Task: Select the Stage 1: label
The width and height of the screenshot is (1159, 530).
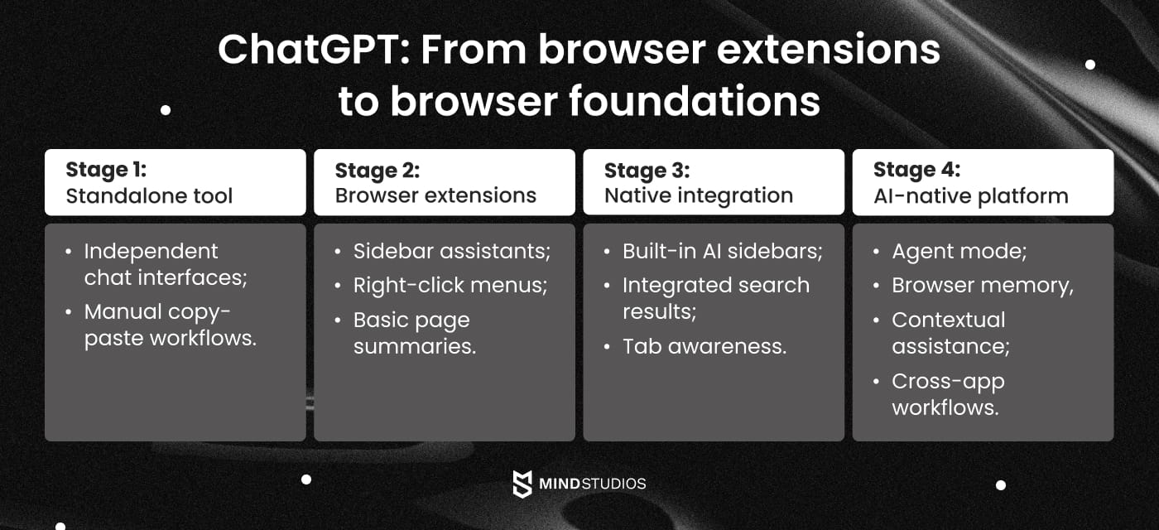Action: (x=106, y=171)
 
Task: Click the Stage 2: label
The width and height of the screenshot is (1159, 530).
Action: (x=377, y=171)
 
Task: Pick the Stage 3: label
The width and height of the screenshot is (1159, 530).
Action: (x=647, y=171)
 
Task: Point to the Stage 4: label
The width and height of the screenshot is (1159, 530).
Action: (x=916, y=171)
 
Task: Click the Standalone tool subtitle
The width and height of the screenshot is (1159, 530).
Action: (x=149, y=196)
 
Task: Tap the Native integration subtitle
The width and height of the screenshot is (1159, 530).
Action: (x=698, y=196)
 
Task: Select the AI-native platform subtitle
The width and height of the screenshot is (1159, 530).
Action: (x=970, y=196)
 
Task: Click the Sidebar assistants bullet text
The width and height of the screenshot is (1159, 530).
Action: (x=451, y=251)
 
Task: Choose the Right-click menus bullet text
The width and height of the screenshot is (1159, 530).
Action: (x=450, y=286)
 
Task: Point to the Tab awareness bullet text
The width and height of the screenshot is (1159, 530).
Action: (x=704, y=346)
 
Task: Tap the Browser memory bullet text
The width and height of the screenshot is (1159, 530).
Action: (x=982, y=286)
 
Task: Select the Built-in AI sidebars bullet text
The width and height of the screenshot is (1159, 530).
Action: (x=722, y=251)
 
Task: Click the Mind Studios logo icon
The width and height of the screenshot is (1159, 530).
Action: (x=522, y=484)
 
